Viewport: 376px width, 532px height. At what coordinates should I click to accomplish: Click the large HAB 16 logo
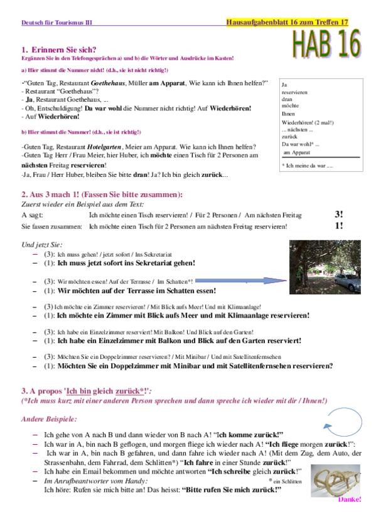pos(326,46)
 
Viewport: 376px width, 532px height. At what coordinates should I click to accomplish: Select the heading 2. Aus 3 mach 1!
pos(102,194)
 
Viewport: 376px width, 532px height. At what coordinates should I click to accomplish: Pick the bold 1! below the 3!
pos(339,226)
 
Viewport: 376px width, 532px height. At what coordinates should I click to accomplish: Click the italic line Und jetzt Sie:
pos(42,244)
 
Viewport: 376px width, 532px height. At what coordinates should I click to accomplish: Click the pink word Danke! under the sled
pos(350,500)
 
